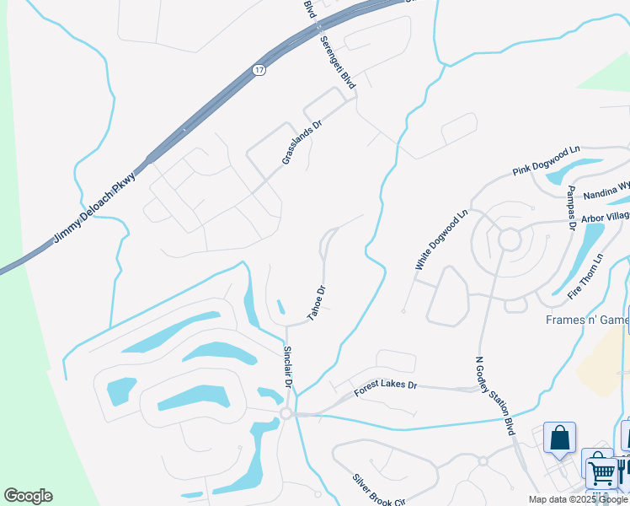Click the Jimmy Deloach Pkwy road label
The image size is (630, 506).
tap(93, 210)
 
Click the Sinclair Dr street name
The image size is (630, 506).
tap(288, 367)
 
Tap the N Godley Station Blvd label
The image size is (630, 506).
tap(495, 399)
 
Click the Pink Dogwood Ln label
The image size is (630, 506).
tap(547, 159)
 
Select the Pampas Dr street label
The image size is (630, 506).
tap(571, 207)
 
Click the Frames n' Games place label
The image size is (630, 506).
tap(586, 320)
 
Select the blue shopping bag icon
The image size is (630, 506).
tap(559, 438)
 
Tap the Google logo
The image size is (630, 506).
tap(28, 496)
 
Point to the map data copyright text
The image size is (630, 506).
tap(579, 499)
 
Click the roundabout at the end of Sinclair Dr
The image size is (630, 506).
tap(286, 413)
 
